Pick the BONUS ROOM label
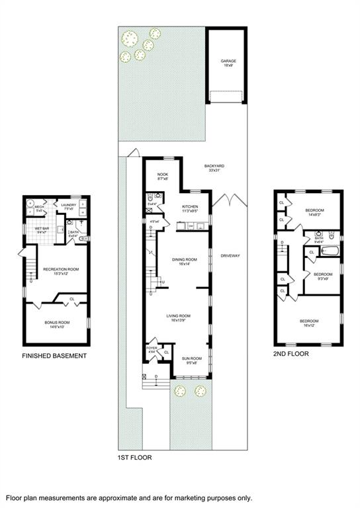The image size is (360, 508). click(57, 323)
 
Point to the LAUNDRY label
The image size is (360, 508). click(69, 206)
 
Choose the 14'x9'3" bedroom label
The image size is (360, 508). click(313, 212)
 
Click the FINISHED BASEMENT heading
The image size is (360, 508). click(54, 356)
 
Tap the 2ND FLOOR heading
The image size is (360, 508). click(291, 354)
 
